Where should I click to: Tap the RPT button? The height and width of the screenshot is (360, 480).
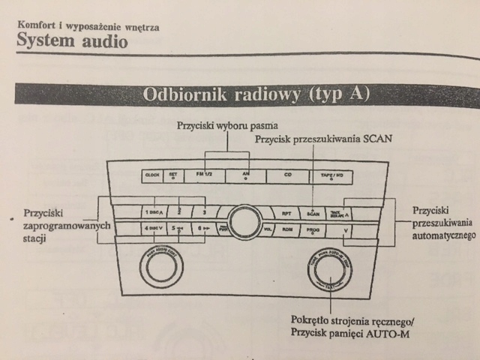(x=286, y=213)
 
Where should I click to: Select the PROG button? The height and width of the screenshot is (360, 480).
(x=313, y=230)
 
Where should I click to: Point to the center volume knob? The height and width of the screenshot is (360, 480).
(x=245, y=221)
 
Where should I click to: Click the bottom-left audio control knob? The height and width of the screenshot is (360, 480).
(x=160, y=264)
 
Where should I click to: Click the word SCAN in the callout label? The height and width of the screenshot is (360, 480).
(x=376, y=139)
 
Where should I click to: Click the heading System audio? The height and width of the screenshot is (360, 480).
(x=72, y=41)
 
